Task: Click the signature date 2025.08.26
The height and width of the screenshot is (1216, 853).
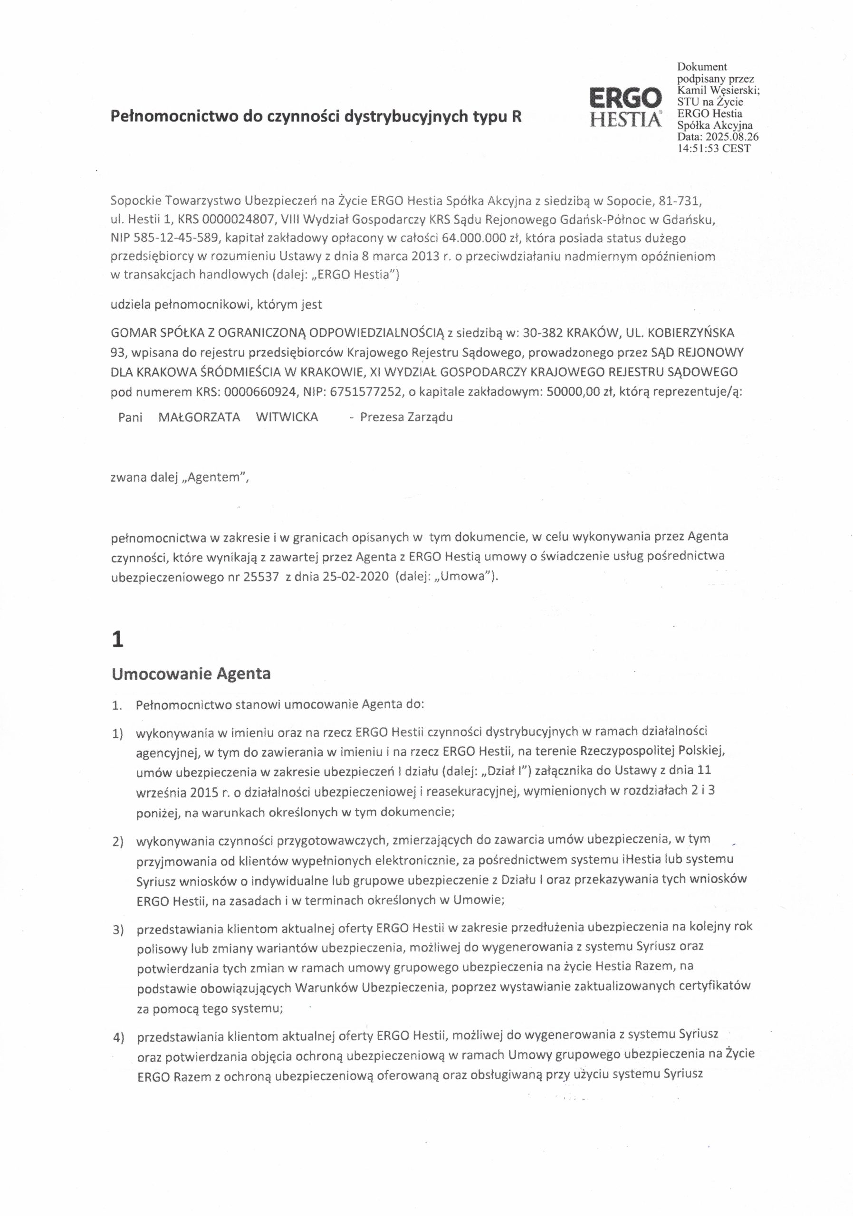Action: click(x=732, y=137)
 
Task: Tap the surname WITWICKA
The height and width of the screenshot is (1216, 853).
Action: click(x=287, y=417)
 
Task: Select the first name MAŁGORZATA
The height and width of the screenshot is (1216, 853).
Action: click(x=199, y=417)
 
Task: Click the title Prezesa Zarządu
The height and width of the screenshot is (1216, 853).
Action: click(x=406, y=417)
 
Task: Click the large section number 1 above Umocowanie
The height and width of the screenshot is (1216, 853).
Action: click(x=118, y=640)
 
